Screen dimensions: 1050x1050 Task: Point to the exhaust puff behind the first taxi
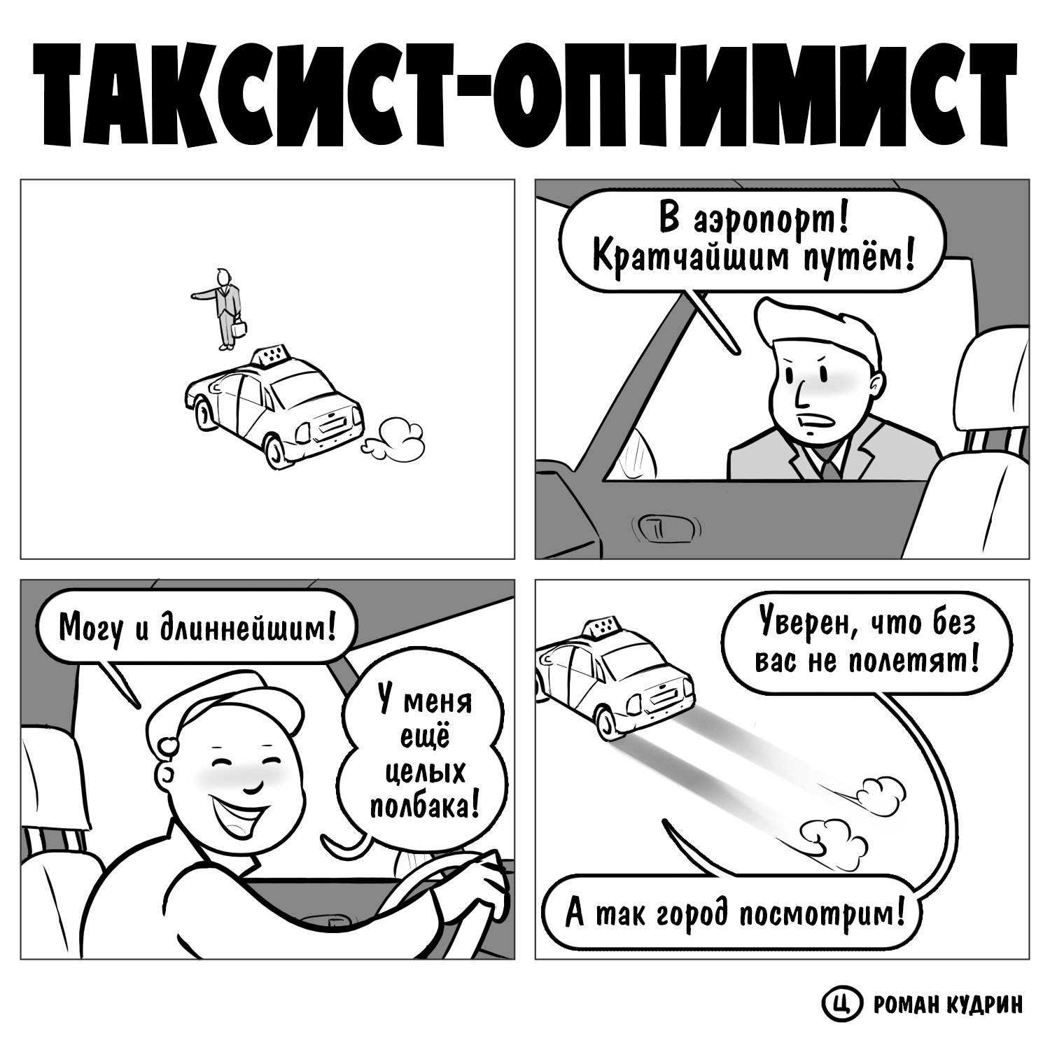tap(395, 439)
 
